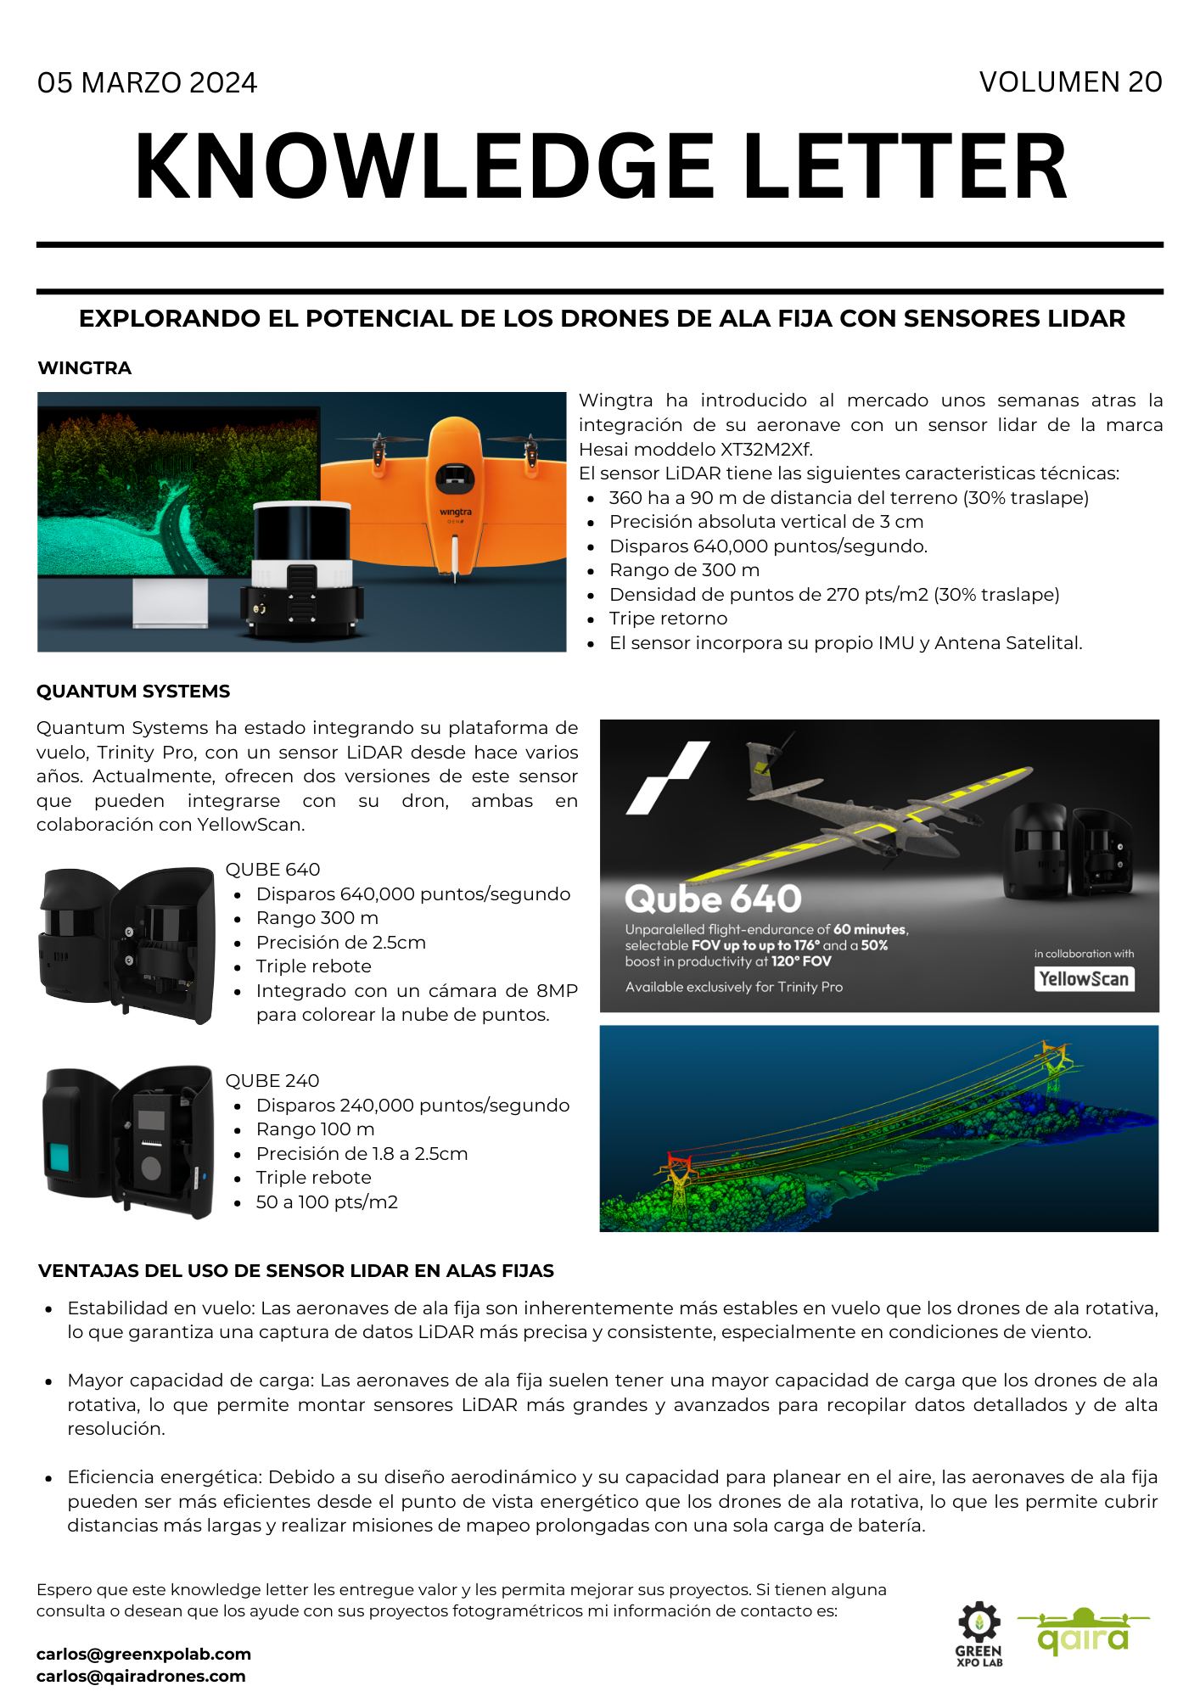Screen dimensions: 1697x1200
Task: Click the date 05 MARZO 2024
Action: coord(147,83)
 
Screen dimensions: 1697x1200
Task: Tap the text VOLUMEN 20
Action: coord(1070,82)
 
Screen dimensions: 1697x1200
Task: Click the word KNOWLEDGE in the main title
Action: coord(424,167)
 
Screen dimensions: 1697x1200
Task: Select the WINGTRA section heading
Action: coord(85,368)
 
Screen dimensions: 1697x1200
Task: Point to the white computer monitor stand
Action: coord(170,602)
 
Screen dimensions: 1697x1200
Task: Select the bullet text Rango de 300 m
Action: coord(684,570)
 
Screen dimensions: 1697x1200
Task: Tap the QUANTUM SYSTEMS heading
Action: coord(133,692)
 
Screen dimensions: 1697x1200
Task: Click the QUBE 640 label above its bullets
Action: coord(272,870)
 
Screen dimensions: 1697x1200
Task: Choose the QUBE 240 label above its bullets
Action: coord(272,1081)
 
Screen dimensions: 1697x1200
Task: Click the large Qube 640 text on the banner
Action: coord(713,899)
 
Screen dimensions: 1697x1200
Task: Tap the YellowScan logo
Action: coord(1084,979)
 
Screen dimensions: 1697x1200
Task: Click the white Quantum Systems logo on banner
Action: coord(667,777)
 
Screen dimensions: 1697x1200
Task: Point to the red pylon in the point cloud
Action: coord(679,1175)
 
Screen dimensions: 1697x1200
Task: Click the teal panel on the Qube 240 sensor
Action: coord(62,1156)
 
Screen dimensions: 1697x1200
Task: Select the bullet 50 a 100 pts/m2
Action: coord(327,1202)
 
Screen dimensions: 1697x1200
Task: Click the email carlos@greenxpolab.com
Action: coord(143,1654)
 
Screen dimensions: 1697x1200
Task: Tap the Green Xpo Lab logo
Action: coord(979,1634)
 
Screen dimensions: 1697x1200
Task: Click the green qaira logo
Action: coord(1084,1633)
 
